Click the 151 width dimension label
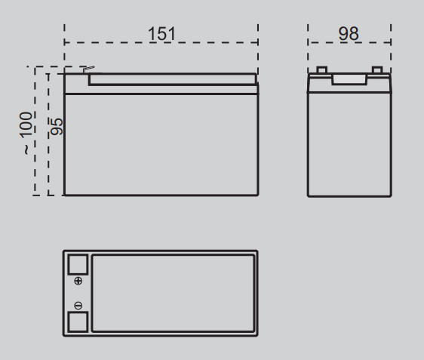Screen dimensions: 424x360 161,34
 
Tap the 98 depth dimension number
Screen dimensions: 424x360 349,34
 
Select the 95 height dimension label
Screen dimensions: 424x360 57,127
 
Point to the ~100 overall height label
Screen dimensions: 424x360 26,133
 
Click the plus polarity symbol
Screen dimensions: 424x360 78,281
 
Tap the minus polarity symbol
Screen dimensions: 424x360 78,306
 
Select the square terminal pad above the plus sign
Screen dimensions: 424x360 78,264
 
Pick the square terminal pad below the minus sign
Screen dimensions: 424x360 78,322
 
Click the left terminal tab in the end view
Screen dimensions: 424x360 322,69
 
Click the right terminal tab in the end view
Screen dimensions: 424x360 377,69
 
